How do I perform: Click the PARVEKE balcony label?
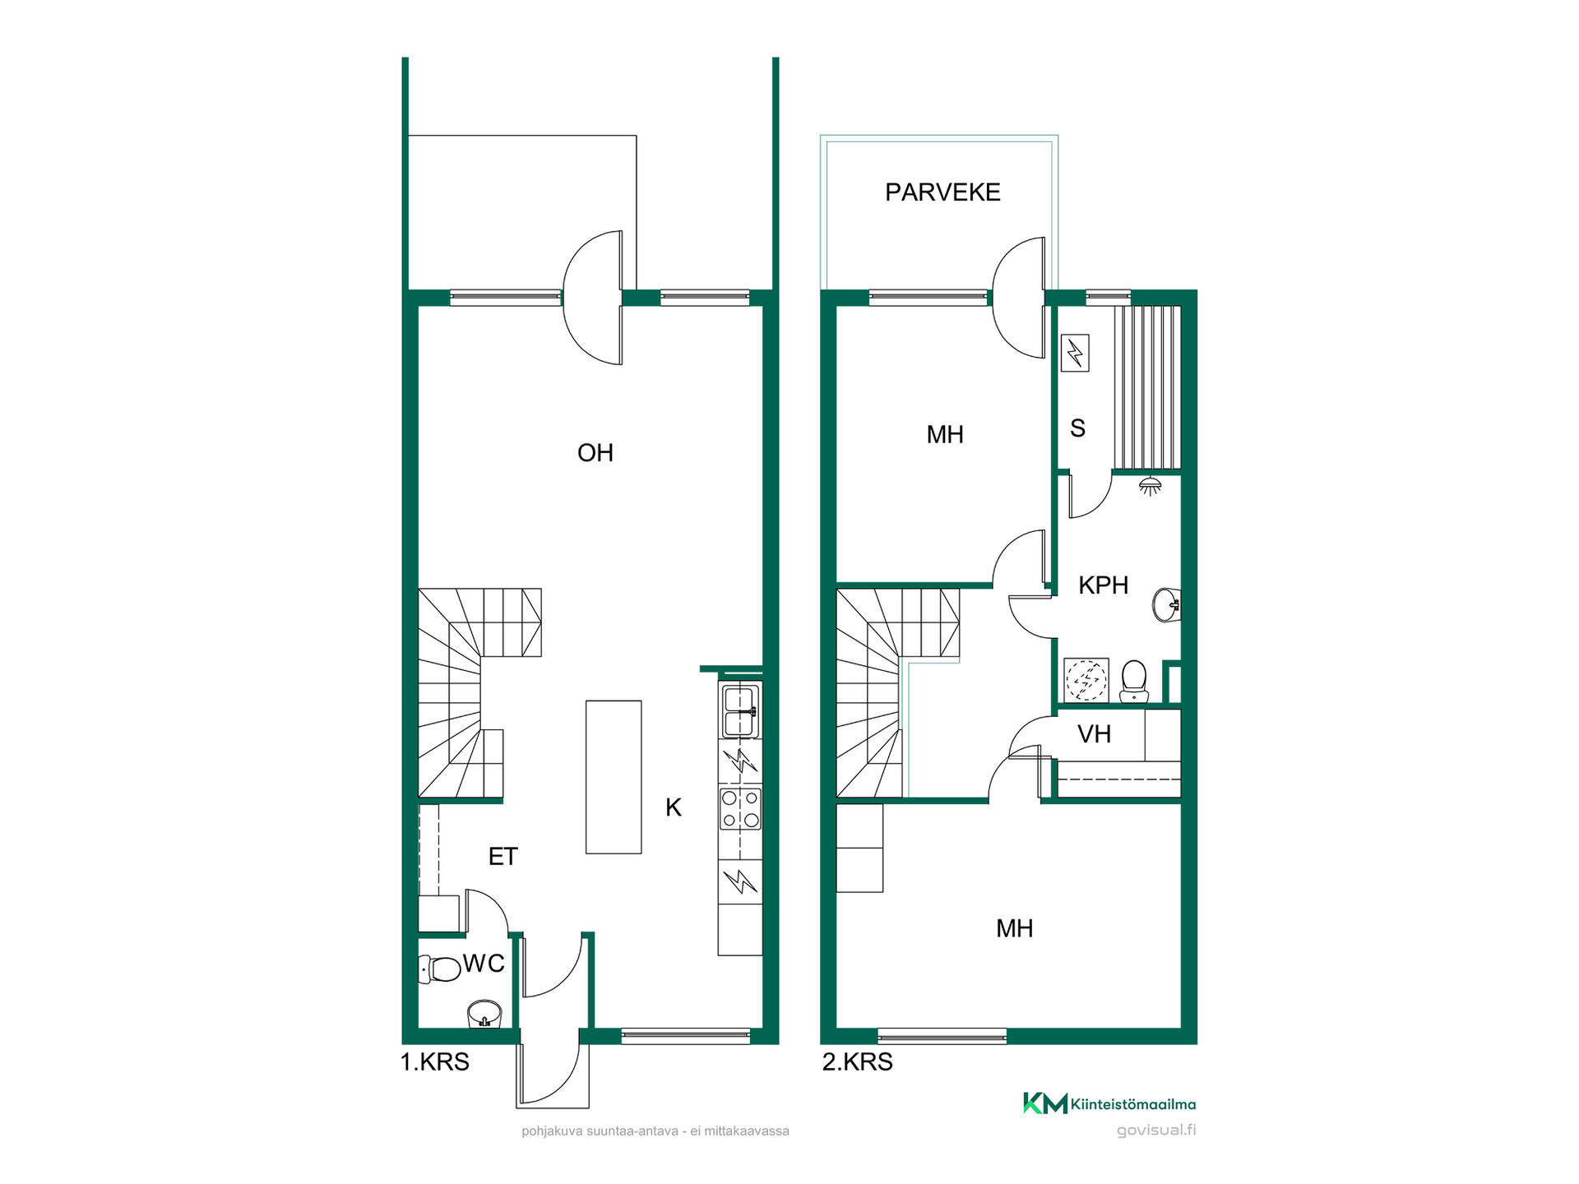tap(942, 192)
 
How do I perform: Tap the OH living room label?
tap(595, 453)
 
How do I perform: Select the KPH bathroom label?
tap(1103, 585)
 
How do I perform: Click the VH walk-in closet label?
tap(1094, 734)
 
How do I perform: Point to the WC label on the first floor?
tap(484, 964)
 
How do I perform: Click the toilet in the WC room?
tap(439, 969)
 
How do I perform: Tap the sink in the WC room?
tap(484, 1014)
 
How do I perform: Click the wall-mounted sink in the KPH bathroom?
tap(1167, 605)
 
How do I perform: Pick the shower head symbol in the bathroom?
tap(1151, 485)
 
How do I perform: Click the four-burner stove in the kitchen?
tap(740, 808)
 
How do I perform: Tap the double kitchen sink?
tap(740, 711)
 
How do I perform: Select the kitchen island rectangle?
tap(614, 777)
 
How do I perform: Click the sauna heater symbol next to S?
tap(1075, 354)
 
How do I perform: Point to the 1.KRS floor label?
tap(434, 1062)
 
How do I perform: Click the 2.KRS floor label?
tap(857, 1062)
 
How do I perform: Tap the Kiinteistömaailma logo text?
tap(1133, 1105)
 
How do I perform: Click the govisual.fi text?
tap(1156, 1131)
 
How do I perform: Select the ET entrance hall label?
tap(502, 857)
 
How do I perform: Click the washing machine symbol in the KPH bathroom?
tap(1086, 680)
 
